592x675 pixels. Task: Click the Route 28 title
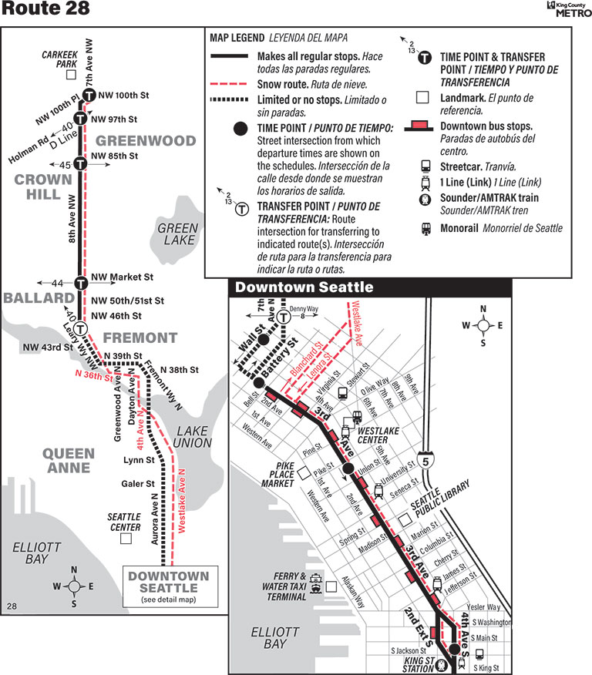pos(45,9)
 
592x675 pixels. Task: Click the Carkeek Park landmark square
pos(71,76)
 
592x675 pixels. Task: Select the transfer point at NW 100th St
pos(89,96)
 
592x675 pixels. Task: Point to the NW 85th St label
pos(114,156)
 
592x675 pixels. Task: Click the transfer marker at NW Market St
pos(80,283)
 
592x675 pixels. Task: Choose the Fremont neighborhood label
pos(140,337)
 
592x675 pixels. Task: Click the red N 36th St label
pos(94,375)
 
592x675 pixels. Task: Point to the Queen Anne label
pos(69,460)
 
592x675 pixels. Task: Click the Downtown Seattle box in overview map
pos(168,586)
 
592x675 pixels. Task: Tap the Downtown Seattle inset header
pos(304,287)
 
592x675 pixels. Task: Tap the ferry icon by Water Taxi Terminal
pos(316,586)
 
